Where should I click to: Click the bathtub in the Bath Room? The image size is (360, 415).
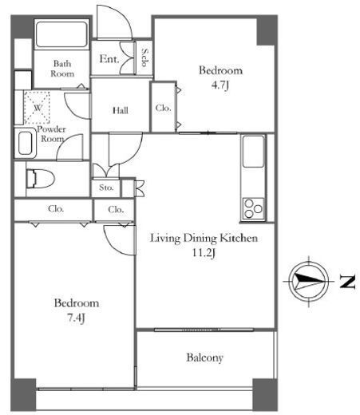tap(61, 34)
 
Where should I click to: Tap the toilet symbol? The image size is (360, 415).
tap(41, 178)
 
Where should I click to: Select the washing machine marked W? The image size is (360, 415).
tap(37, 108)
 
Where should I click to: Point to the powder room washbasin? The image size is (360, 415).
tap(26, 143)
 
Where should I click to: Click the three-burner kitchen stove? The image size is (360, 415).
tap(253, 209)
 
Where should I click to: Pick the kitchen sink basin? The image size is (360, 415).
tap(253, 152)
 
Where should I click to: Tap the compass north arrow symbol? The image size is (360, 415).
tap(309, 282)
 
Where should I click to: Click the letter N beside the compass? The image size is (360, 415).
tap(347, 282)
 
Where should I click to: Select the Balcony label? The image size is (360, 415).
tap(204, 358)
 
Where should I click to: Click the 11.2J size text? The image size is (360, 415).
tap(204, 253)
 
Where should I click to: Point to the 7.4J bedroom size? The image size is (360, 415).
tap(76, 318)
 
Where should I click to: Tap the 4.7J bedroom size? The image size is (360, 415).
tap(220, 85)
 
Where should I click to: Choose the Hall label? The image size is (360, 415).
tap(121, 110)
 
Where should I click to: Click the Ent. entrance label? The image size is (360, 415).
tap(109, 59)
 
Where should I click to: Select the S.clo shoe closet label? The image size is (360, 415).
tap(144, 57)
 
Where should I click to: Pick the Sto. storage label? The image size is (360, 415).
tap(106, 188)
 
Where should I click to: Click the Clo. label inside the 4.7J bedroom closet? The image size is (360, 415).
tap(163, 108)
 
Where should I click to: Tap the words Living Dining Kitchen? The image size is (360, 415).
tap(204, 239)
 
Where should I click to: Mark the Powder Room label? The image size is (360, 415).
tap(52, 134)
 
